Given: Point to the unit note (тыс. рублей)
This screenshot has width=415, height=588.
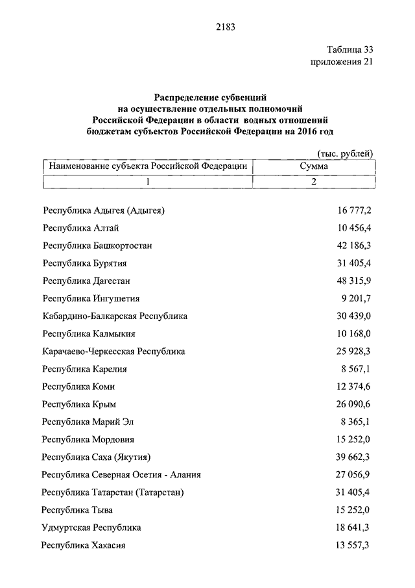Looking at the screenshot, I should pyautogui.click(x=344, y=153).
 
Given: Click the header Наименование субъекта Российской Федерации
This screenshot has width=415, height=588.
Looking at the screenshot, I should pyautogui.click(x=147, y=166).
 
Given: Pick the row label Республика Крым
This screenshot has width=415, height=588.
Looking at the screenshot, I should pyautogui.click(x=79, y=404).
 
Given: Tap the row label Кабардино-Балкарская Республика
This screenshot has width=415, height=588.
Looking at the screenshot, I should pyautogui.click(x=115, y=316).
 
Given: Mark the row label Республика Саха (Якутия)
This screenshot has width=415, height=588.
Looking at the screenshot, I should pyautogui.click(x=101, y=457).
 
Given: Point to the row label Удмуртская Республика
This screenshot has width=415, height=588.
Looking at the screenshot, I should pyautogui.click(x=91, y=528).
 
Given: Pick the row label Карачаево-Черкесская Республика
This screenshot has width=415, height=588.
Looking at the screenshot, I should pyautogui.click(x=113, y=352).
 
